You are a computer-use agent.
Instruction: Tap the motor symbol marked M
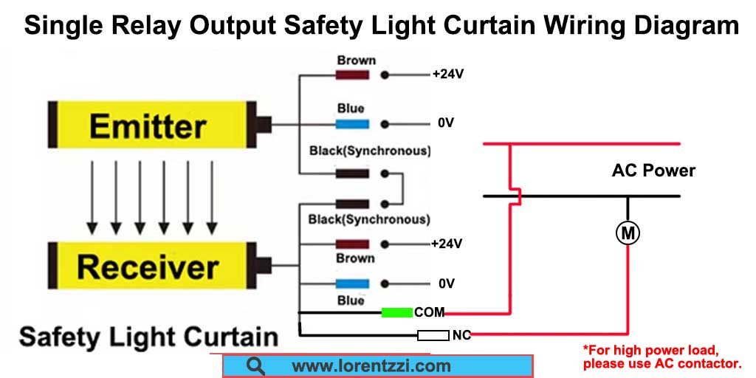tap(628, 234)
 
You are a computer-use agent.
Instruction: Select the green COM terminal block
tap(396, 312)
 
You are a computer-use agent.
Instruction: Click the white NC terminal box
tap(433, 335)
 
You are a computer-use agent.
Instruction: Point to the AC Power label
tap(653, 171)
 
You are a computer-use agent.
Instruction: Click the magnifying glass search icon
tap(255, 366)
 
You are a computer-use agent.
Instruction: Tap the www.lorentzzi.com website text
tap(371, 366)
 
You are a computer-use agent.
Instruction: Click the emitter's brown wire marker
tap(352, 75)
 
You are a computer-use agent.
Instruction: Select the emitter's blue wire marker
tap(352, 124)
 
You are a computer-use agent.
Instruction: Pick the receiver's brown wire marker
tap(352, 244)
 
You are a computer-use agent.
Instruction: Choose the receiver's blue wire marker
tap(352, 283)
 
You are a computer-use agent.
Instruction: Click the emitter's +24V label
tap(448, 75)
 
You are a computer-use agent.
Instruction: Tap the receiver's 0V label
tap(447, 283)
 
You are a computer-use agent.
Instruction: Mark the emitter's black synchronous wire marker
tap(352, 173)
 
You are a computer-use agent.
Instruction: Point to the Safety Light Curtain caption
tap(148, 336)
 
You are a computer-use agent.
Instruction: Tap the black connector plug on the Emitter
tap(264, 124)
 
